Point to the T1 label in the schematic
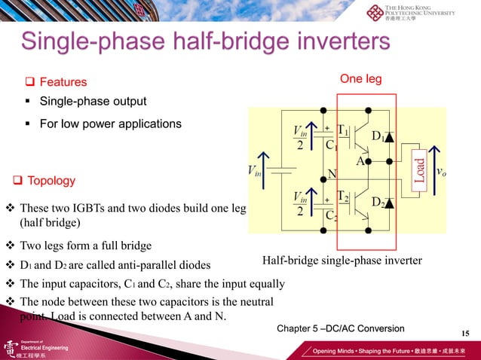[x=342, y=130]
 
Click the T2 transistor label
[x=342, y=196]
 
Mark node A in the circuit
[x=360, y=160]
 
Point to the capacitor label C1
[x=330, y=145]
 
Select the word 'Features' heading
[x=63, y=82]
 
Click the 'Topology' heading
[x=51, y=181]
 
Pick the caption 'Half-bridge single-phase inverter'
[x=342, y=261]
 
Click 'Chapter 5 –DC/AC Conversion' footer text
[x=341, y=328]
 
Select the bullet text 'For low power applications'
[x=110, y=124]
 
